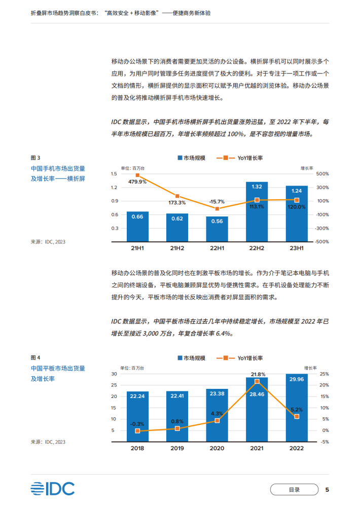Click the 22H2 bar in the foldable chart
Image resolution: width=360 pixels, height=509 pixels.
tap(257, 212)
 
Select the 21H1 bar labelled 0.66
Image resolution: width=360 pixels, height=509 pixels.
tap(137, 226)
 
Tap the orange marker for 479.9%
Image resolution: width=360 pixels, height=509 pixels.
tap(137, 175)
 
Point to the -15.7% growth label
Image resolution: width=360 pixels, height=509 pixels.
tap(217, 201)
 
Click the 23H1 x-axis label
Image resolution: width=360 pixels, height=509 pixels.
tap(296, 248)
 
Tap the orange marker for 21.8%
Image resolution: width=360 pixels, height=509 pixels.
tap(257, 381)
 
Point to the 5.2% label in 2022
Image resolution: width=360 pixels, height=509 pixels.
tap(297, 410)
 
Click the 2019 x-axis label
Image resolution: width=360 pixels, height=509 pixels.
tap(177, 448)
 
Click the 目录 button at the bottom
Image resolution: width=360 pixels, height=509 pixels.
tap(294, 489)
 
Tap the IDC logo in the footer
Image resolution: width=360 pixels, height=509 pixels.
tap(53, 488)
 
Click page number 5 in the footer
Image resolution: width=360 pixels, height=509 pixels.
tap(327, 489)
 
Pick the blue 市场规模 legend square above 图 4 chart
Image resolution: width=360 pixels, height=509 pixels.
tap(180, 358)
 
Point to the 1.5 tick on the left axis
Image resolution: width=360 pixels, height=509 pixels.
tap(114, 174)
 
